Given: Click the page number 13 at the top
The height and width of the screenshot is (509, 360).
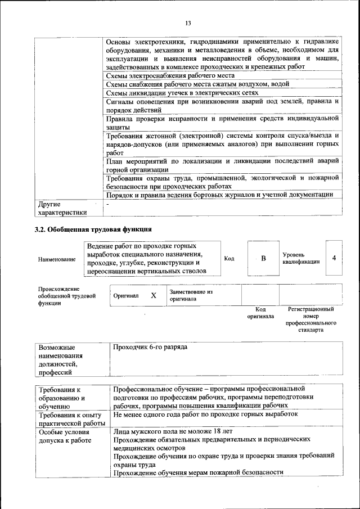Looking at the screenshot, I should click(188, 23).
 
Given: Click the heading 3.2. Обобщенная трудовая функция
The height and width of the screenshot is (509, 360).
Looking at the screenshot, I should click(93, 229).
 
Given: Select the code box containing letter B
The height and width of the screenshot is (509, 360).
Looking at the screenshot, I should click(262, 258).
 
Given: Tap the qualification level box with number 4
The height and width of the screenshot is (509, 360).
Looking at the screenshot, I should click(334, 258).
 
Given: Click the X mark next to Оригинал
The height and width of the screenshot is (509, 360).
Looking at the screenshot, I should click(153, 295).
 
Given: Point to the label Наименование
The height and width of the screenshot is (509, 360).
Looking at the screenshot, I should click(57, 259).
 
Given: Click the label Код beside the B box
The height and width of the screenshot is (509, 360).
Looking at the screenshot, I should click(229, 258).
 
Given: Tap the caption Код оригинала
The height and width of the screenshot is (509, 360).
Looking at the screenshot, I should click(260, 313).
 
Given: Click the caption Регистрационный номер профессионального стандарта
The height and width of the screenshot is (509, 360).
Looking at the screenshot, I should click(310, 320).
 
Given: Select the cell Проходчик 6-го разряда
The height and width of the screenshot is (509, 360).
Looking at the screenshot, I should click(150, 347).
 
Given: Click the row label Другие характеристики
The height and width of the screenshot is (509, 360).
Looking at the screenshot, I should click(62, 208).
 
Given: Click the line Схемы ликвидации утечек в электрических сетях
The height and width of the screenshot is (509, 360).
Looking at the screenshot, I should click(182, 92).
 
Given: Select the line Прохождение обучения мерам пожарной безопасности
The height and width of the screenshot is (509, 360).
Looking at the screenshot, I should click(198, 472).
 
